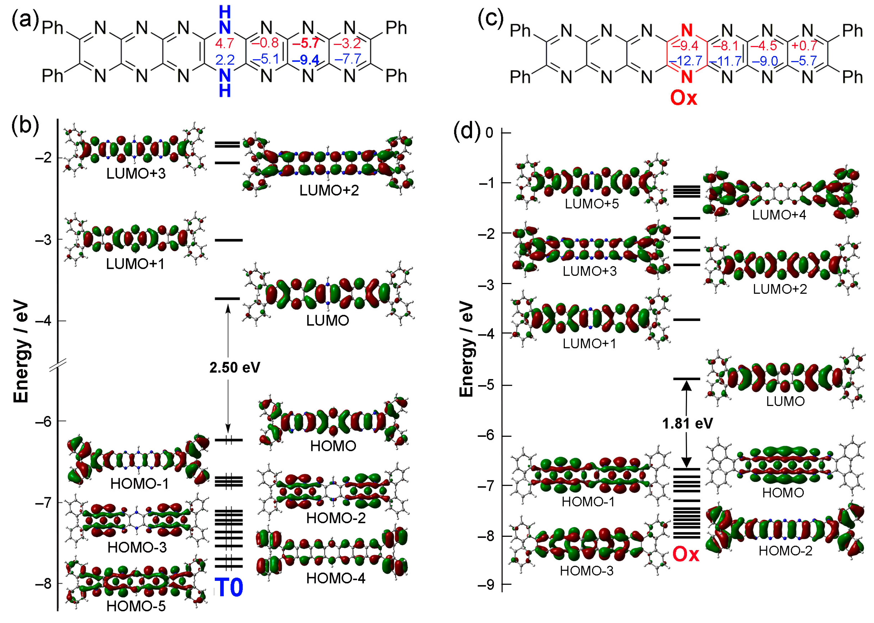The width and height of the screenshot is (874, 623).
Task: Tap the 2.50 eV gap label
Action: coord(235,367)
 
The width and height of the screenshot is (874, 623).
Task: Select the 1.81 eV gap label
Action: coord(687,423)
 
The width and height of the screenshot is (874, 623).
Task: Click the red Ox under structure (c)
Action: coord(683,98)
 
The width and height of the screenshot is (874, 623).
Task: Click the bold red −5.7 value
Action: coord(306,43)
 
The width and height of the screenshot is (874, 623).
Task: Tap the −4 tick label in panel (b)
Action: coord(45,321)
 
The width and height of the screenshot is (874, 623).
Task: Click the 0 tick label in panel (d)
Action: coord(489,133)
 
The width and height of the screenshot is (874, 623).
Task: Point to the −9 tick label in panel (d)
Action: coord(486,585)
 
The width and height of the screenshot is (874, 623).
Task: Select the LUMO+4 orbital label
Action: coord(779,215)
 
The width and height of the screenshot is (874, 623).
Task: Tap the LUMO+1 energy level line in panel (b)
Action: coord(229,240)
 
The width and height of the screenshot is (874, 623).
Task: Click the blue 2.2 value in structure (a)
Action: coord(225,60)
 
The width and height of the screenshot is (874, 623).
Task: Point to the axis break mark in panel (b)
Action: coord(58,364)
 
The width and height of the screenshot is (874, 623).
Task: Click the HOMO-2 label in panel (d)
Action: coord(785,551)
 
